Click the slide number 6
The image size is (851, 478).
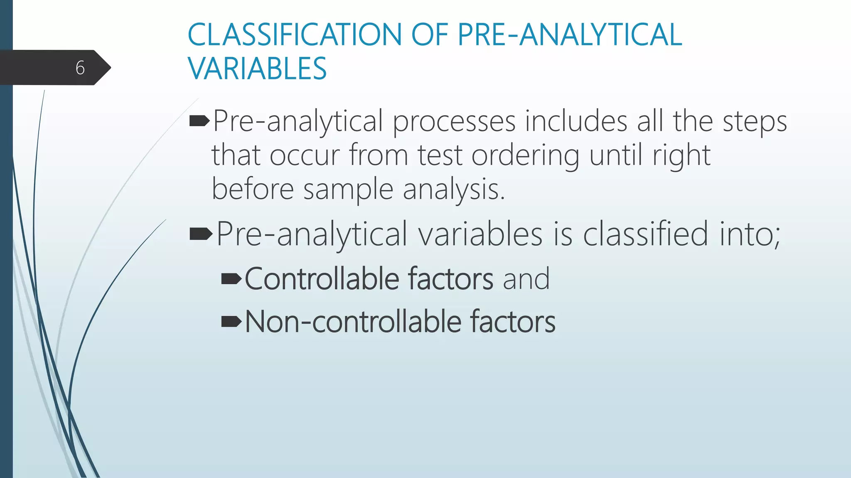click(x=80, y=68)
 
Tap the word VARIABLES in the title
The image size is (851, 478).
click(x=257, y=69)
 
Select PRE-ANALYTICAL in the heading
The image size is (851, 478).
click(x=570, y=35)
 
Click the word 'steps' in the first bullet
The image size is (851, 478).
click(x=755, y=122)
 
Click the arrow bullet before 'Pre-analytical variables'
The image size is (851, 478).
click(x=201, y=234)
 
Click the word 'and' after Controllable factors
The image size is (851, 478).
click(x=526, y=279)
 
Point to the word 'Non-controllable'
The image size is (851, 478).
click(x=353, y=322)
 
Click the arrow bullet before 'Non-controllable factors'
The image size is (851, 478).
click(x=231, y=322)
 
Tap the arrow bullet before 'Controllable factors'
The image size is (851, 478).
click(x=231, y=279)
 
